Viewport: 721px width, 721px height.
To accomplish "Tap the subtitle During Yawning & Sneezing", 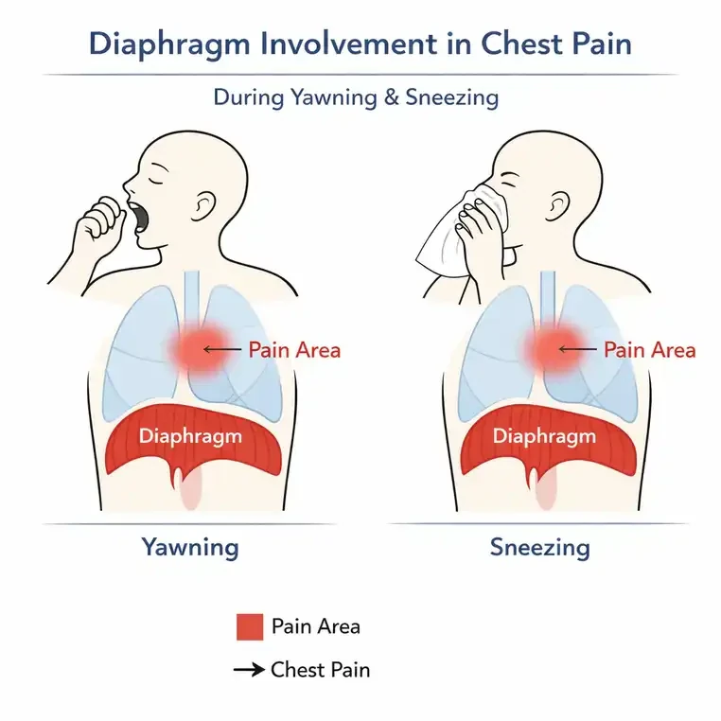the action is click(x=356, y=98).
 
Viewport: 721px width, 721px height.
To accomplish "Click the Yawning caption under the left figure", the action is click(x=190, y=548).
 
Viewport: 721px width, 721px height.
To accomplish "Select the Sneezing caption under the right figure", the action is click(x=540, y=548).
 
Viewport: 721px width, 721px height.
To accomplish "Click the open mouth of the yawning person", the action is click(x=140, y=217).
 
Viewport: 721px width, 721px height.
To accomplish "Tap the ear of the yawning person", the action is click(x=203, y=206).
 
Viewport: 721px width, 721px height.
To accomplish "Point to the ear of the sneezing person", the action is click(x=557, y=206).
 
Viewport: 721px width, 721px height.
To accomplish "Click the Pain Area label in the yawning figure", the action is click(x=295, y=350).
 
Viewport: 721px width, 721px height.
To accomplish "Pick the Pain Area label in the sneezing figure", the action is click(x=650, y=350).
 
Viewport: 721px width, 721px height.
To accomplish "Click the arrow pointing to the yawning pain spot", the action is click(x=222, y=350).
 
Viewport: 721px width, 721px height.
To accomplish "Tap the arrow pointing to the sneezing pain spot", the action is click(x=577, y=350).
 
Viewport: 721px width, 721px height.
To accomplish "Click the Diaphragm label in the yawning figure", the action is click(x=190, y=436).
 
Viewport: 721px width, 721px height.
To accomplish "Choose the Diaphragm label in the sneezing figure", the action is click(x=544, y=436).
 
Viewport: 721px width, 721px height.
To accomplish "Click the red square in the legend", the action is click(x=250, y=626).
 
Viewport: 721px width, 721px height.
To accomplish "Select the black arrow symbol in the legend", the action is click(x=249, y=670).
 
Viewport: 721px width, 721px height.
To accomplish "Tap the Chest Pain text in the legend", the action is click(x=321, y=670).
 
